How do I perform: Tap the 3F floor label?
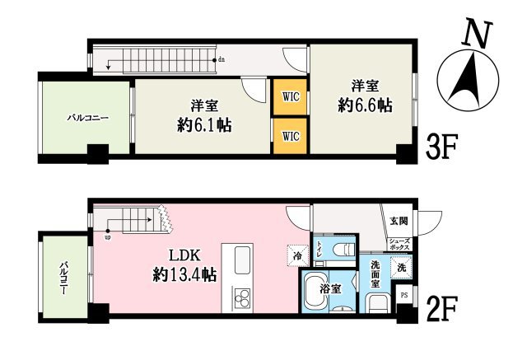pyautogui.click(x=441, y=148)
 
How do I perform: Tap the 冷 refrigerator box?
pyautogui.click(x=296, y=256)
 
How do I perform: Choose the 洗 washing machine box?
pyautogui.click(x=401, y=267)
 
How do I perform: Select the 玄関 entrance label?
pyautogui.click(x=399, y=220)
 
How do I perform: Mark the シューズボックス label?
pyautogui.click(x=400, y=245)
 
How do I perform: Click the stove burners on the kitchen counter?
pyautogui.click(x=241, y=297)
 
